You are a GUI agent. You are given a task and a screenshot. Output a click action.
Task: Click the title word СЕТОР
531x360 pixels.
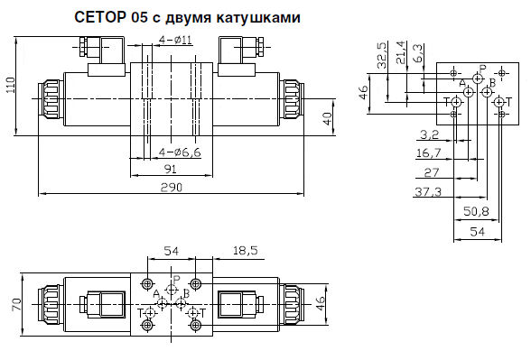[100, 17]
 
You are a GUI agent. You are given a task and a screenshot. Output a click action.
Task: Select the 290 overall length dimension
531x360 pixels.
[172, 187]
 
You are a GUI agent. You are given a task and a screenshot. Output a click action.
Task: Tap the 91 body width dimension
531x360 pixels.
[170, 168]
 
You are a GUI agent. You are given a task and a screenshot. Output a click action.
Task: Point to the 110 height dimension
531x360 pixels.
[11, 86]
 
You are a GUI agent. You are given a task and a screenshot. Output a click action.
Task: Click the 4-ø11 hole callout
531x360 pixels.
[175, 41]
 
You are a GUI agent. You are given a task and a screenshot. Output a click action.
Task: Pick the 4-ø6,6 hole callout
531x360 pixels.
[180, 152]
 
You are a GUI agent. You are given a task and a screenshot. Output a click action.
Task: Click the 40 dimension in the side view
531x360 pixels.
[328, 119]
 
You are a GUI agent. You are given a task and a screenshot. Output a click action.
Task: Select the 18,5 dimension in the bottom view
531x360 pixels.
[246, 251]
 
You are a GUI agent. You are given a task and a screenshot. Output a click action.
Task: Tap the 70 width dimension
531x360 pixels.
[17, 304]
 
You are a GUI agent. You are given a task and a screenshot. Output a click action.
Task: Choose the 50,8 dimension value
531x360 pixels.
[476, 212]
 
